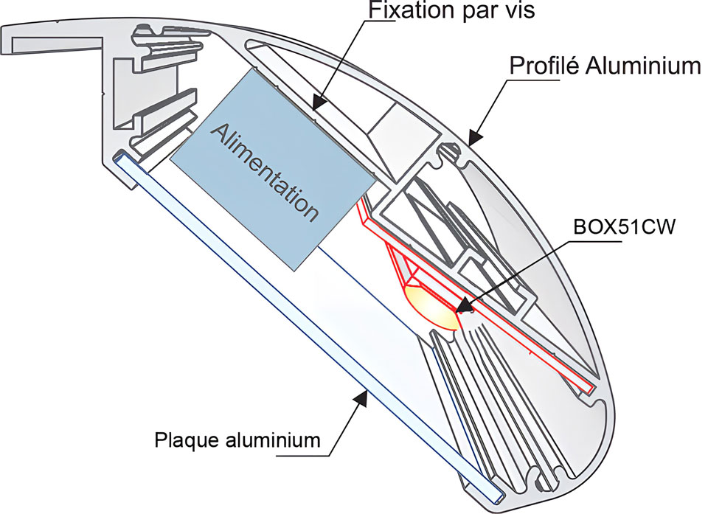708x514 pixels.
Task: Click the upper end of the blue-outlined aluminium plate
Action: click(122, 158)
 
